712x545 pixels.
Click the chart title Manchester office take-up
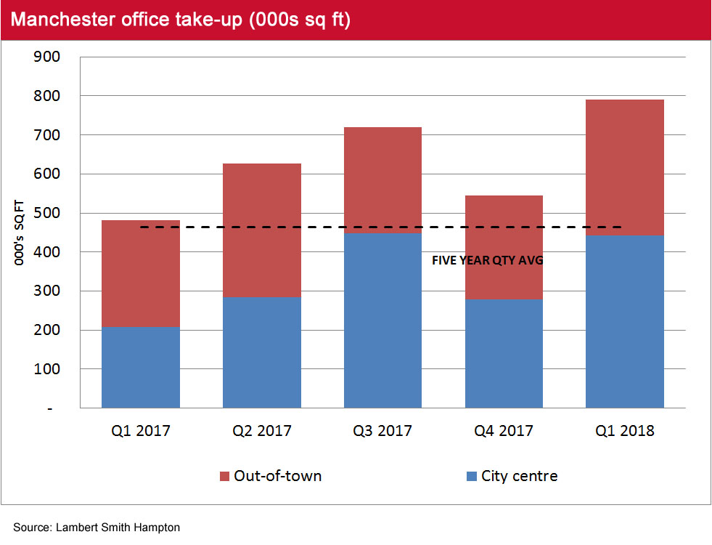[x=181, y=20]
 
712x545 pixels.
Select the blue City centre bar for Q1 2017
[x=141, y=367]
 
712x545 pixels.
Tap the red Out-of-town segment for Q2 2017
[x=261, y=230]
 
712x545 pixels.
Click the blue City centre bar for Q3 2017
[x=382, y=320]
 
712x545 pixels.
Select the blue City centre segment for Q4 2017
[x=504, y=353]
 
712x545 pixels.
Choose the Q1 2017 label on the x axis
[x=141, y=431]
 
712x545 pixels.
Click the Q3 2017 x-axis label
[x=382, y=431]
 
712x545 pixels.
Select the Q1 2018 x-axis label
[x=624, y=431]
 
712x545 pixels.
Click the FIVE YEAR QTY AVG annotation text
[x=488, y=260]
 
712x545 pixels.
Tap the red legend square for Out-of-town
[x=224, y=477]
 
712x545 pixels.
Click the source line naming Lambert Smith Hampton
[x=96, y=528]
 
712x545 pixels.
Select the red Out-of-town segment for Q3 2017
[x=382, y=180]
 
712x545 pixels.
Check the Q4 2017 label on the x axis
[x=504, y=431]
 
